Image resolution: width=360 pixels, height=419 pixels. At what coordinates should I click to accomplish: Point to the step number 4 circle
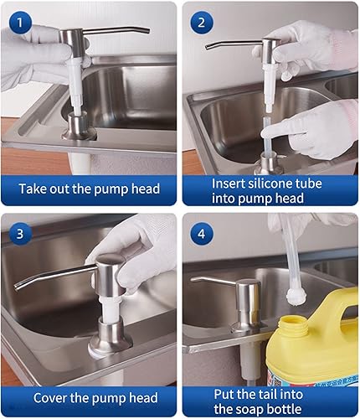(201, 232)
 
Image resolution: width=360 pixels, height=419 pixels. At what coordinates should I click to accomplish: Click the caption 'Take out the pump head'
(89, 189)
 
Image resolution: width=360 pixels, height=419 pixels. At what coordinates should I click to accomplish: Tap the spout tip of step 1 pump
(147, 32)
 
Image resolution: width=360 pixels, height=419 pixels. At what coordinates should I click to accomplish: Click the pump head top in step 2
(271, 46)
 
